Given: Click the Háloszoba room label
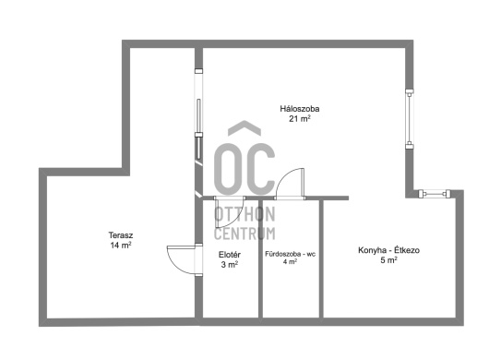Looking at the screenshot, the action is [x=299, y=109].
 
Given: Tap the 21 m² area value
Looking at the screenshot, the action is [x=299, y=118].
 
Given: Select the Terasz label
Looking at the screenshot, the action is [x=121, y=234].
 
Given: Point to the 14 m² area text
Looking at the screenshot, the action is [x=121, y=245].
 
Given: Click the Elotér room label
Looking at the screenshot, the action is [x=230, y=255].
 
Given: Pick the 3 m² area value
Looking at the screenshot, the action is [x=230, y=265].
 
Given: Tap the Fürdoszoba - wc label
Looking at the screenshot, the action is [x=290, y=254].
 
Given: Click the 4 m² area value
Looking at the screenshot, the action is [x=290, y=261].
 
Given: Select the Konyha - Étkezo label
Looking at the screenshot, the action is [x=388, y=250].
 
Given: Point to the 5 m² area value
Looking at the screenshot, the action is [x=388, y=260].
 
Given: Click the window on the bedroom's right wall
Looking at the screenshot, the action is [x=410, y=119].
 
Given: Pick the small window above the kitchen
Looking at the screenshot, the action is [x=435, y=194].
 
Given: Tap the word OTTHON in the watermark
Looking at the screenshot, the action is [x=244, y=214].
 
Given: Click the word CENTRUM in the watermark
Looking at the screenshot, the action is [x=244, y=234].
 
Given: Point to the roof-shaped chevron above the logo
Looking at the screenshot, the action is [x=244, y=128].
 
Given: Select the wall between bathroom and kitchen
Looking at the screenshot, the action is [x=321, y=259].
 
